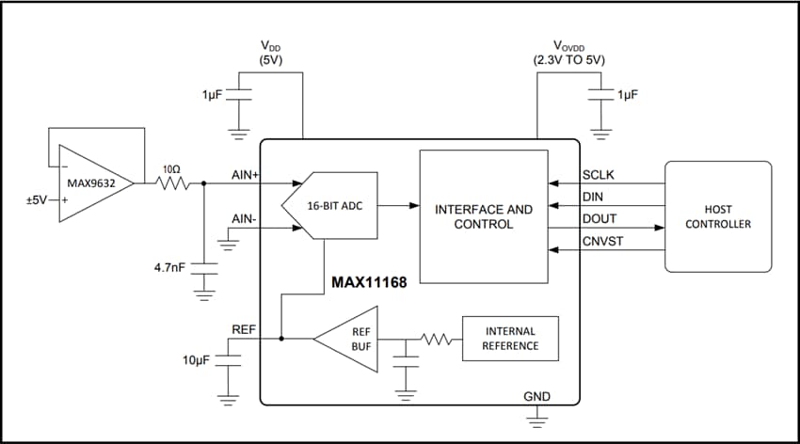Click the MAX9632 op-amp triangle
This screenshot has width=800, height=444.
point(90,183)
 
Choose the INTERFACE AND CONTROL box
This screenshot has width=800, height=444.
point(483,216)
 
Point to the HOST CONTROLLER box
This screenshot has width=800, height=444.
point(717,216)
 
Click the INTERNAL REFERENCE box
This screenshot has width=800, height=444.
point(509,339)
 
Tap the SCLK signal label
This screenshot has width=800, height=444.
point(599,175)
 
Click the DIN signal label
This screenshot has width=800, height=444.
point(593,197)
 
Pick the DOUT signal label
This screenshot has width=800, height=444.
point(599,218)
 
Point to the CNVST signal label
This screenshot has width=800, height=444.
point(601,241)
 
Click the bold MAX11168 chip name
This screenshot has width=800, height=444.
point(369,281)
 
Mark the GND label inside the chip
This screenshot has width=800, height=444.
point(536,396)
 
